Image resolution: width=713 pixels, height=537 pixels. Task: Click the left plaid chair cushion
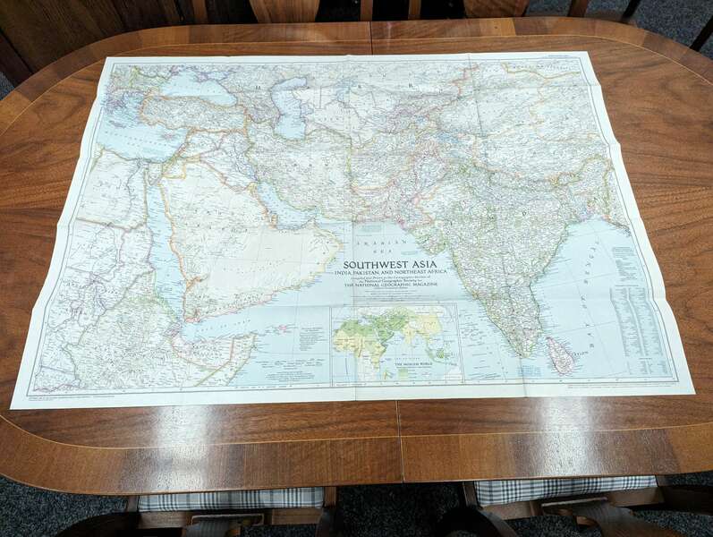coord(231,498)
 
